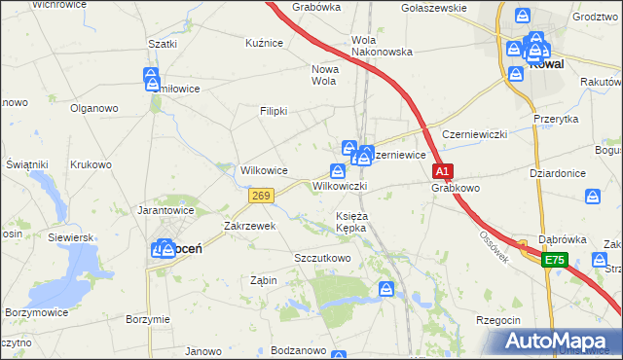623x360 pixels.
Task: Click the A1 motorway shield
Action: point(442,172)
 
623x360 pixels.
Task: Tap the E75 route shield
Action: point(554,260)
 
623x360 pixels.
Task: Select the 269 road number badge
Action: point(260,197)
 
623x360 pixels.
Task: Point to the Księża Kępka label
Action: point(351,221)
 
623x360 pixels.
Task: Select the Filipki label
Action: point(274,111)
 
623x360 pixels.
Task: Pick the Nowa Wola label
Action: point(324,75)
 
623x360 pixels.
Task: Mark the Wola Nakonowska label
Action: point(382,46)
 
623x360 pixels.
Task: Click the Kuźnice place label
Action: point(264,43)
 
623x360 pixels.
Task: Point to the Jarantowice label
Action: point(166,209)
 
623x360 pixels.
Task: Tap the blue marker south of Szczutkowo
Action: point(386,289)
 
